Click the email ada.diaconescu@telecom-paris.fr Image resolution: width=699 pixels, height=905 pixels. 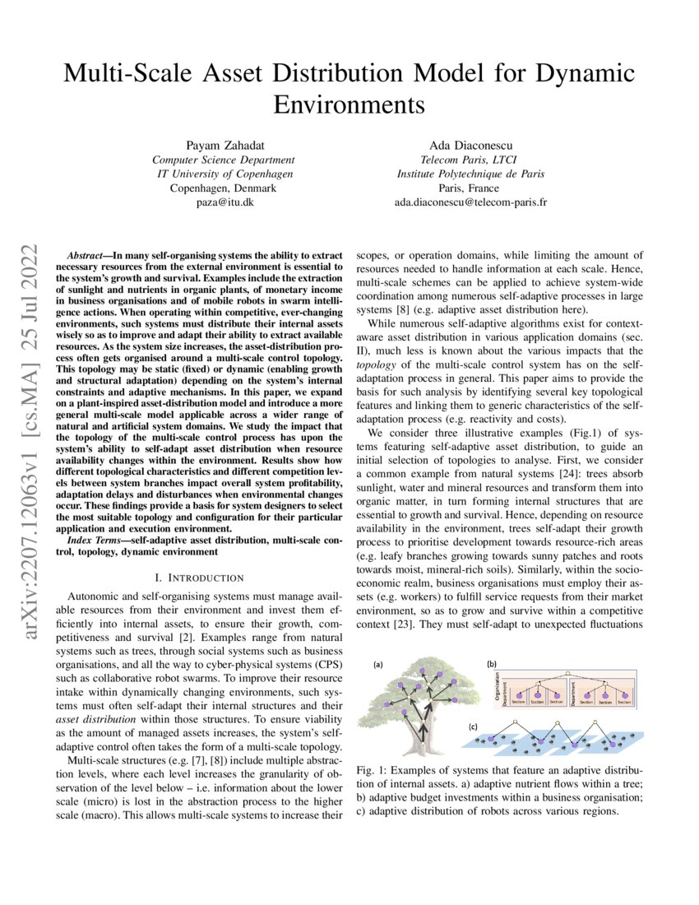[470, 201]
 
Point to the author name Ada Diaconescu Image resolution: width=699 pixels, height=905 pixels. [470, 145]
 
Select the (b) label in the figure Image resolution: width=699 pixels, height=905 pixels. [491, 663]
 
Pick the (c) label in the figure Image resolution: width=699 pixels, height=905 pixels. [472, 726]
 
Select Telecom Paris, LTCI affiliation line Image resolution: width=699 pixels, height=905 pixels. [470, 160]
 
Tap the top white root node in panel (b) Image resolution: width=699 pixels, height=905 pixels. [569, 670]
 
